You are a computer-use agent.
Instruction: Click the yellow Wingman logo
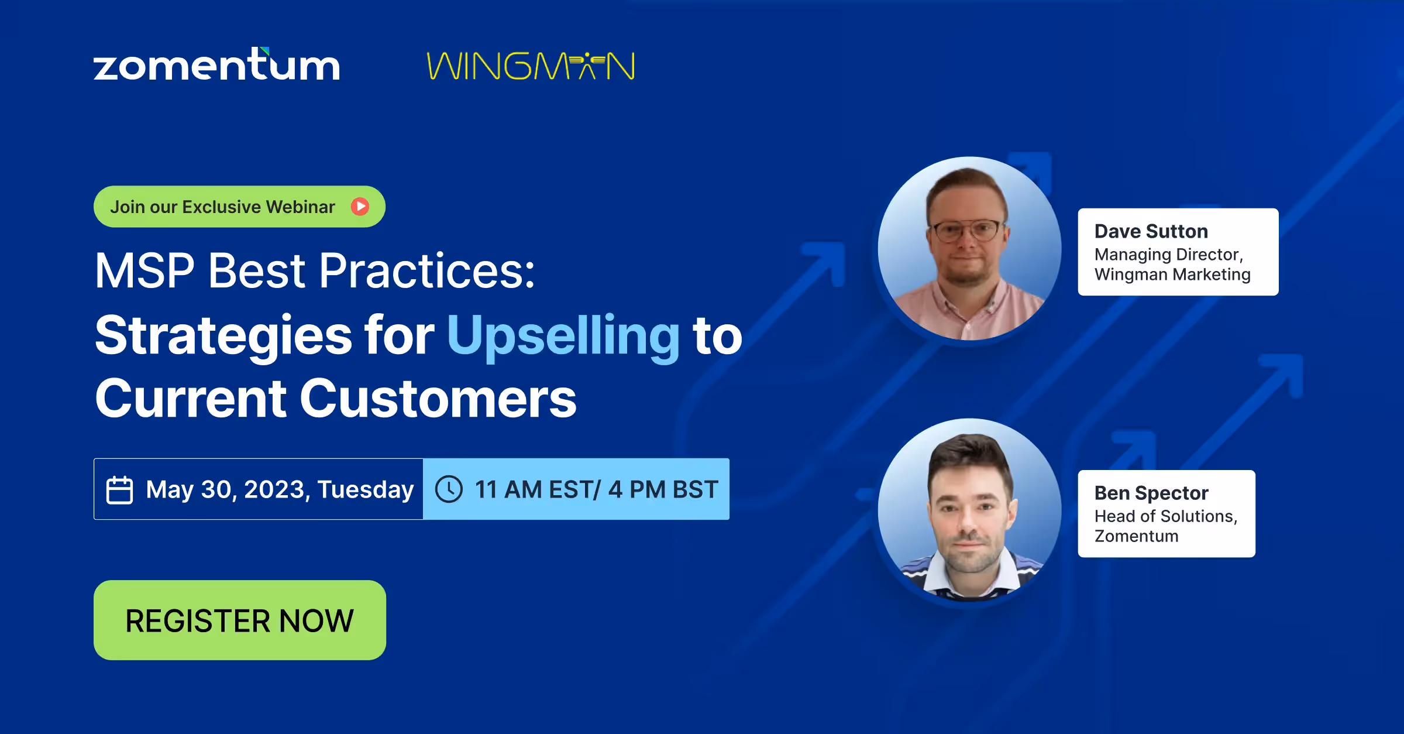531,66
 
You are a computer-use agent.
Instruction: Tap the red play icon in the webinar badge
360,207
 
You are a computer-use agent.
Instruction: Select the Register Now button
240,620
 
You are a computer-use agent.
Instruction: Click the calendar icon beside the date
119,490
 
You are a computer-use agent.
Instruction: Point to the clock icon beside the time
449,489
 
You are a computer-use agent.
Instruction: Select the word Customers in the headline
438,399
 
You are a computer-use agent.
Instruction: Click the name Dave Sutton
1151,231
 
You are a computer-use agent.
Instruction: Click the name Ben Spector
1151,493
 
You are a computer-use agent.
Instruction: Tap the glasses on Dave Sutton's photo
968,231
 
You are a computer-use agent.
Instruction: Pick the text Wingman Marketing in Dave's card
1172,275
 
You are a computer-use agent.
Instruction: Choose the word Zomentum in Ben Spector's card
1136,536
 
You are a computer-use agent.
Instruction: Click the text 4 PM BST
663,489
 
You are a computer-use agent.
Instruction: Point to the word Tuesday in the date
366,489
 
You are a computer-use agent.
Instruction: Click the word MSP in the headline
144,270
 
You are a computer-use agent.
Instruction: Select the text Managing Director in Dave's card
1168,255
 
